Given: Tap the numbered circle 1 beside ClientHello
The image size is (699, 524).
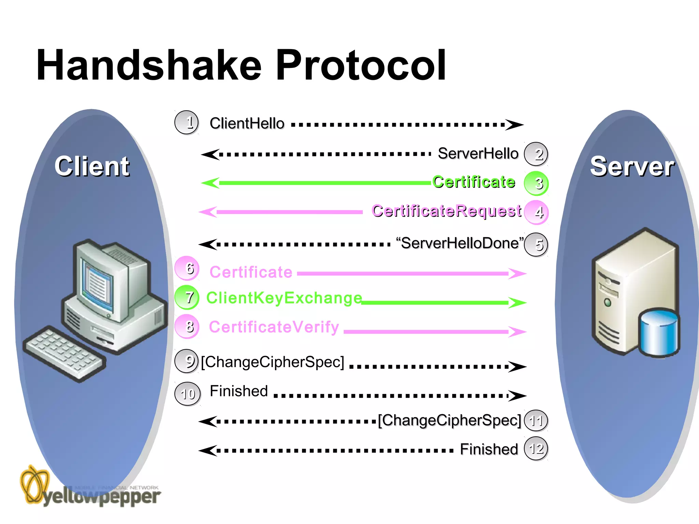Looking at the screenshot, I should pos(186,122).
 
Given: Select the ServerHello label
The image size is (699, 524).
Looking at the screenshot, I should pos(478,154).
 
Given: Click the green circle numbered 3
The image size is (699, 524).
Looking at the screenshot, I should pos(536,183).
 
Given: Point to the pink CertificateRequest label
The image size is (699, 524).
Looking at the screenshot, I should pos(446,211).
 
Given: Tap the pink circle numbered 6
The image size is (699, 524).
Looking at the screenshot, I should pos(187,268).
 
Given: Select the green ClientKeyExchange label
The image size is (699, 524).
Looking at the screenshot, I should pos(284,298).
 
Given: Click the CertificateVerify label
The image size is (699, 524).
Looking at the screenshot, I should pos(274,327).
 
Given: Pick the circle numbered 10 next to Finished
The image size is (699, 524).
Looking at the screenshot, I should pos(187,394).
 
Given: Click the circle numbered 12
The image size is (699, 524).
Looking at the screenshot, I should pos(536,449).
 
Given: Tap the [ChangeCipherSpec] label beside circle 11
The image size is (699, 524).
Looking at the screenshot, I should pos(450,420).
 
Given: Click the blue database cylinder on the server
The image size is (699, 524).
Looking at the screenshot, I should pos(659,333).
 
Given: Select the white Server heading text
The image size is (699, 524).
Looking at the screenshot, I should pos(632,166).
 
